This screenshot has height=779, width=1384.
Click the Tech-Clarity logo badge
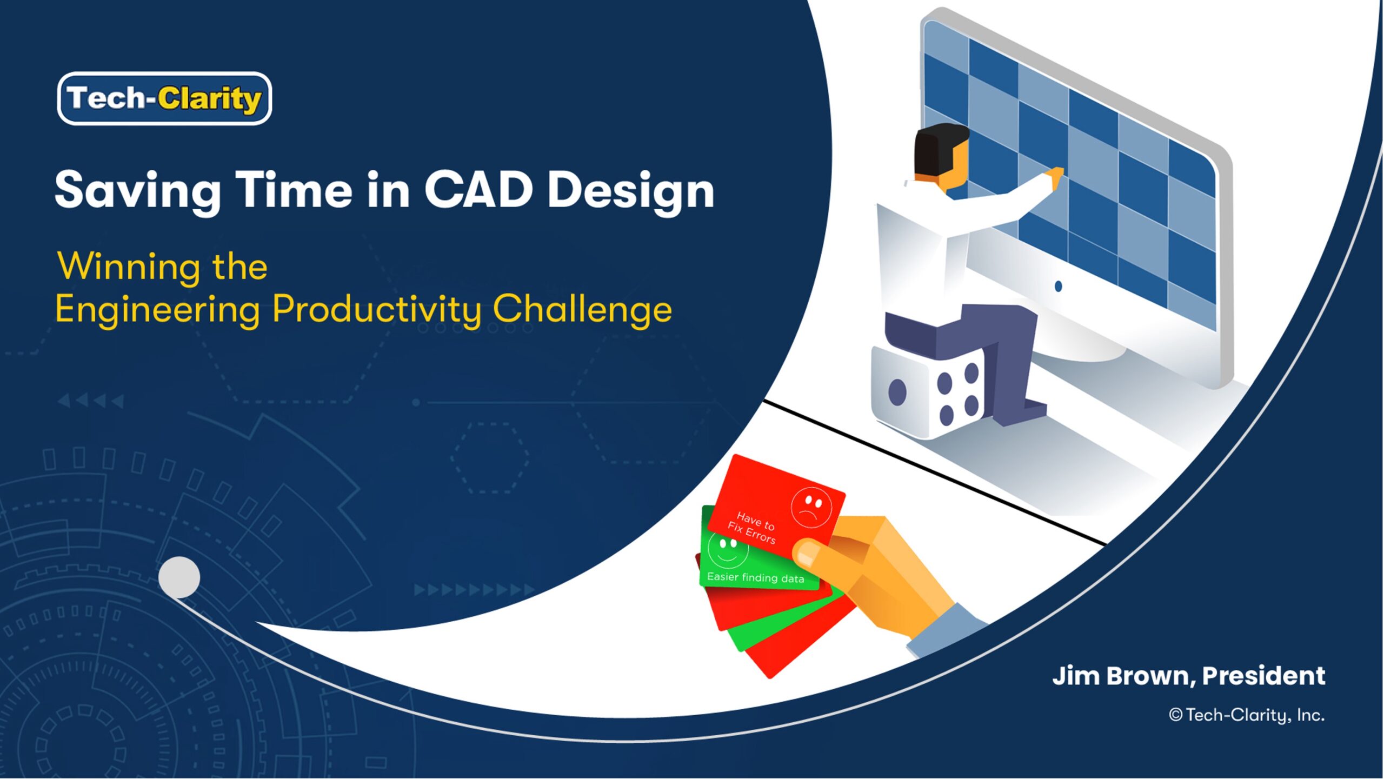(164, 98)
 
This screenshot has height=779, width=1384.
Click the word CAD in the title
(478, 190)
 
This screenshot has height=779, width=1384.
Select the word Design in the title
(631, 192)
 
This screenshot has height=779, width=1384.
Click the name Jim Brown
(1121, 676)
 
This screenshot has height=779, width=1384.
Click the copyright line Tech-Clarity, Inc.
(1247, 715)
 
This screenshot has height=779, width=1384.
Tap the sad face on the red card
(811, 507)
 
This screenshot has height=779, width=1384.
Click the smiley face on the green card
(728, 551)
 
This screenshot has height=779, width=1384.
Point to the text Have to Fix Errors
(753, 528)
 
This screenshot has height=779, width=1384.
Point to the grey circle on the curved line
(179, 577)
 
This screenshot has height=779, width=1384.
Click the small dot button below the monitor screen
(1058, 286)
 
